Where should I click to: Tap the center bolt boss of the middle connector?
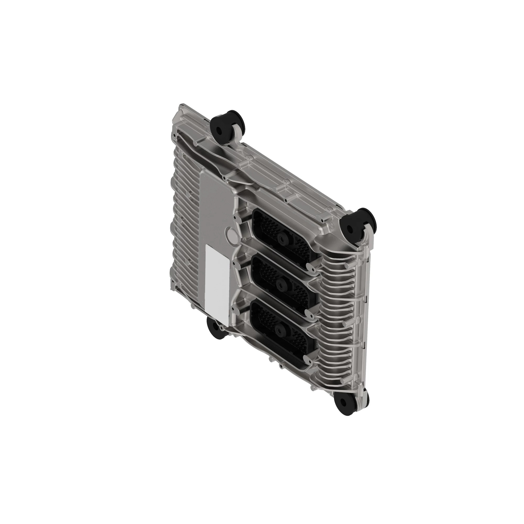[280, 285]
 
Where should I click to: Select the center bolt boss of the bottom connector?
[279, 330]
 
